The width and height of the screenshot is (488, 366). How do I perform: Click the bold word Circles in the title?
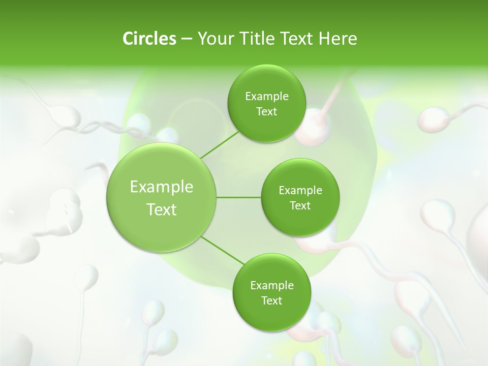pos(149,39)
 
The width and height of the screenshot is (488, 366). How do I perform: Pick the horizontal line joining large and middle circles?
pos(239,197)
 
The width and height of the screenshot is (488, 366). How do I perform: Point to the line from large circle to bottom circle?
pos(222,250)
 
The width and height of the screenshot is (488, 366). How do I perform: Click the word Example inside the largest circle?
pos(162,187)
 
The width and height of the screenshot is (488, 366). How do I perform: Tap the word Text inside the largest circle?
pos(162,209)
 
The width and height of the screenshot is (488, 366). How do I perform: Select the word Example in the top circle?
pos(266,97)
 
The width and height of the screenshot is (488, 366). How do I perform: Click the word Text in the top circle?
pos(266,112)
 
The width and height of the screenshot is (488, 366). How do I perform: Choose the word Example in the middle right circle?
pos(300,191)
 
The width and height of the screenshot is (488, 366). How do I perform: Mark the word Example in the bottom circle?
pos(271,286)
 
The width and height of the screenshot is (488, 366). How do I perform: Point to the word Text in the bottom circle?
pos(271,301)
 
